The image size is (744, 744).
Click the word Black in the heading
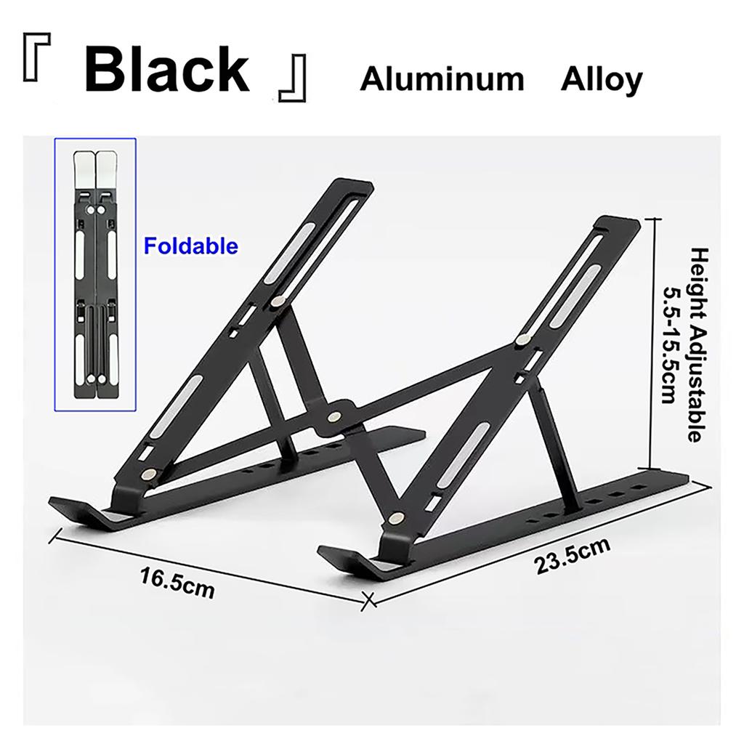pos(167,70)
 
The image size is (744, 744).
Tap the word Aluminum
pos(442,79)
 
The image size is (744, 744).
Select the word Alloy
pos(601,79)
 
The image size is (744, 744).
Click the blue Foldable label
pos(190,246)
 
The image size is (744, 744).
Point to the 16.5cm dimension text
pos(178,582)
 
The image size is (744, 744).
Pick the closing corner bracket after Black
pos(294,83)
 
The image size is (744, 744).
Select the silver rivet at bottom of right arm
pos(396,518)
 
